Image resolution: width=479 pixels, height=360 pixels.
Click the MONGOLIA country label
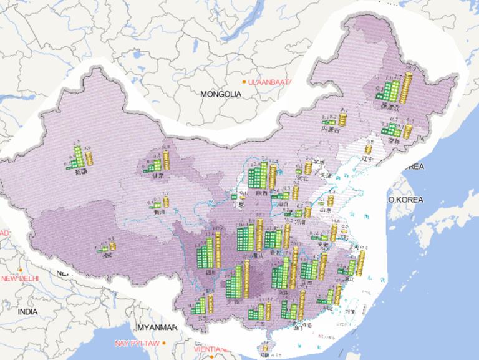(220, 94)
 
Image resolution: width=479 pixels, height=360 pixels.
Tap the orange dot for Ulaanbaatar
(244, 82)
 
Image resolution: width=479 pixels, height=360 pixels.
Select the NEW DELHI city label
(19, 278)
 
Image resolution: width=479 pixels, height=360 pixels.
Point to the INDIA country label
(27, 311)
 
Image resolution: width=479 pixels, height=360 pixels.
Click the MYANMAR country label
(158, 327)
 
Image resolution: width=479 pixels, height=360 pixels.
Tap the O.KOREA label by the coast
(405, 199)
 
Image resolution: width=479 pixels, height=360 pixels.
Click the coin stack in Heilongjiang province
(407, 88)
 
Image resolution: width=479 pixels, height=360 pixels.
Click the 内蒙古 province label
(330, 130)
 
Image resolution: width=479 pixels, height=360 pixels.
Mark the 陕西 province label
(261, 193)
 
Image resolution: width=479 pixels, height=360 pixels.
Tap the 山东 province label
(324, 210)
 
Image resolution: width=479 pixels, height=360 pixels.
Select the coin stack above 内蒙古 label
(342, 119)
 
